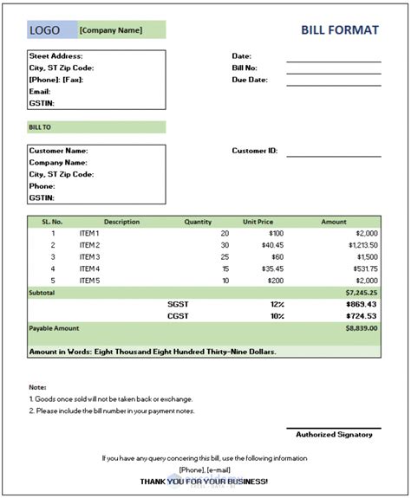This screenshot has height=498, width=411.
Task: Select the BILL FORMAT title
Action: point(340,30)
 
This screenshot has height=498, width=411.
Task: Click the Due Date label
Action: point(250,80)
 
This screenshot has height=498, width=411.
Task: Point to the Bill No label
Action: point(246,68)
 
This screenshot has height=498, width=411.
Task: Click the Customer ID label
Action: point(254,151)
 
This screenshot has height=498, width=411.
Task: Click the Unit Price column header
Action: point(258,222)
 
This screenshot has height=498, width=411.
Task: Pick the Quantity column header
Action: point(198,222)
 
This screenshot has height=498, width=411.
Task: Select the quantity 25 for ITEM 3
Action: point(224,257)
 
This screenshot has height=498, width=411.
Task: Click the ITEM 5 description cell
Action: point(89,281)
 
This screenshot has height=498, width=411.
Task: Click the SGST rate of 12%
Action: point(277,305)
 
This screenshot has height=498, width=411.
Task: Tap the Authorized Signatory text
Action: point(334,434)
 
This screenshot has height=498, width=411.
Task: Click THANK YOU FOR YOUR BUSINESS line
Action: point(204,481)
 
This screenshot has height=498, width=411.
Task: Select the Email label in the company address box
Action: point(40,91)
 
